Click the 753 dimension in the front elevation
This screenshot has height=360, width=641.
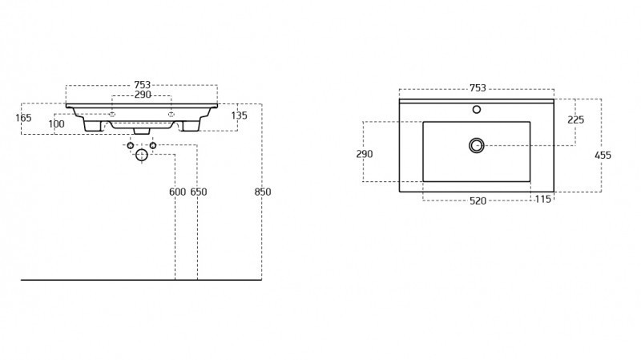point(142,85)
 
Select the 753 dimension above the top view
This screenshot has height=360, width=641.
point(477,87)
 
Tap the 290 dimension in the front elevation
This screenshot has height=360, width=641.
point(143,95)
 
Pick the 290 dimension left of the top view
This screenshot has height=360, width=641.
point(365,154)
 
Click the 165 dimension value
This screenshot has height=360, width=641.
point(23,118)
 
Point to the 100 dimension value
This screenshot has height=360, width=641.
point(56,124)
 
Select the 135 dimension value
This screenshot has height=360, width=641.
point(239,115)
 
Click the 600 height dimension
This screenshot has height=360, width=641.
point(177,192)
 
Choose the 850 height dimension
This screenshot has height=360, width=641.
point(263,192)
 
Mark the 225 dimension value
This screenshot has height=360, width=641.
point(575,119)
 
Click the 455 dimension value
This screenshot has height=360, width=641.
point(603,155)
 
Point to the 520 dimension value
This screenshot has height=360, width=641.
point(477,200)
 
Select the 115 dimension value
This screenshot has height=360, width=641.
point(543,200)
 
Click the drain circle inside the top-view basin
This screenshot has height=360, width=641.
point(477,145)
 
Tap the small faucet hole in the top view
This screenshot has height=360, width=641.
point(477,109)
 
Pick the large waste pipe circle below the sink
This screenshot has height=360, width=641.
point(142,155)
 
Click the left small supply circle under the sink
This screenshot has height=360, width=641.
point(131,145)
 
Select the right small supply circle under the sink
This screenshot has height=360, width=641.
point(153,145)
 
